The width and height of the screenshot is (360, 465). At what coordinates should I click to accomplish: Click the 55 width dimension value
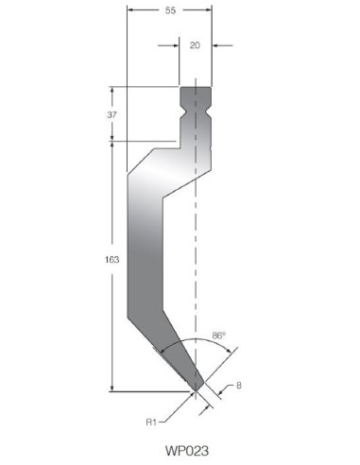coord(170,10)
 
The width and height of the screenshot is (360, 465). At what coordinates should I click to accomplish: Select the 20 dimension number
coord(195,45)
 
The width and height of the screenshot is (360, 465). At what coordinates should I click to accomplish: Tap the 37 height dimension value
coord(111,115)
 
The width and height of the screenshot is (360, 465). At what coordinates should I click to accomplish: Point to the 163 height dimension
coord(111,260)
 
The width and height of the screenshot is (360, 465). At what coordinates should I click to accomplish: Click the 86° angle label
coord(219,336)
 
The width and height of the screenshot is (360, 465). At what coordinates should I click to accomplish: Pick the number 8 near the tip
coord(239,386)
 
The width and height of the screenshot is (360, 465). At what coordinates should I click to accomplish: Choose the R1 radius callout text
coord(151,422)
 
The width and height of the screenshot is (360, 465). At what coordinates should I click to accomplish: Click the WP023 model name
coord(187,451)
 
